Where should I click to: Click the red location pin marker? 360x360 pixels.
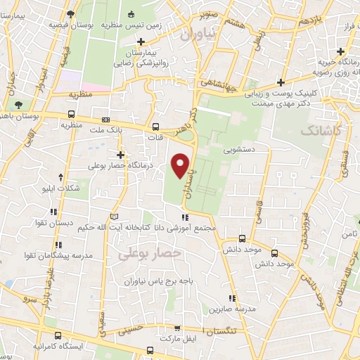[x=181, y=165]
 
